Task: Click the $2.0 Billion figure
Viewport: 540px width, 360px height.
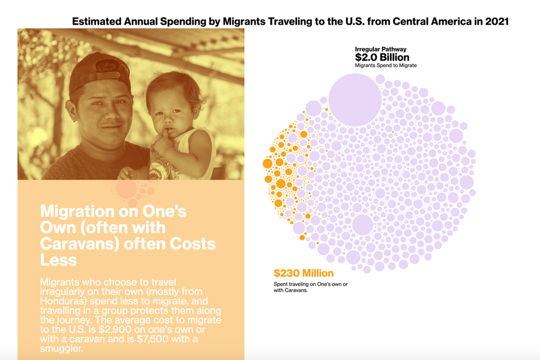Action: pos(384,57)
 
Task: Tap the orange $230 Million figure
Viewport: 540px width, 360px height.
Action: pos(304,274)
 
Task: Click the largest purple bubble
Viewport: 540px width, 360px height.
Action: pos(354,97)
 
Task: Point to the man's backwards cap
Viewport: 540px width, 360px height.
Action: pos(98,71)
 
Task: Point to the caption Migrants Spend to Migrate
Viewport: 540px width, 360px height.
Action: pos(386,65)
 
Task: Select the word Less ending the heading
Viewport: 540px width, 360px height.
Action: pos(58,260)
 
